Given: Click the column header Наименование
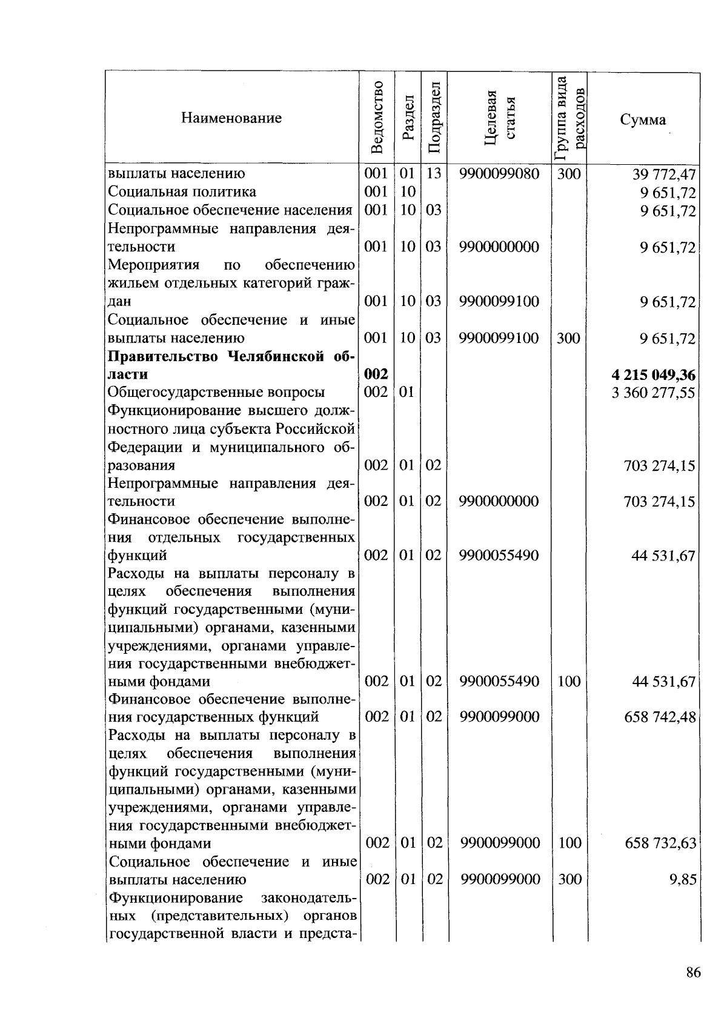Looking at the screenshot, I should [231, 118].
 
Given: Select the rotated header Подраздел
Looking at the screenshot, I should [434, 118].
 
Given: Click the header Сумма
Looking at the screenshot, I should [643, 120].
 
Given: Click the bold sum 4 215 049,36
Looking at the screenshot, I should [654, 375].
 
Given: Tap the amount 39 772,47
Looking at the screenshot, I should [664, 175].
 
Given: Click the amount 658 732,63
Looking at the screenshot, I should [660, 843].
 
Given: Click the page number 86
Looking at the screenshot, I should [694, 973].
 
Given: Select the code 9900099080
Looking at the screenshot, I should [499, 175].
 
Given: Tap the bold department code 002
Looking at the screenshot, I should [376, 375].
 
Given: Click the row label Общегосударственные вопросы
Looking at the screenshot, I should [216, 393].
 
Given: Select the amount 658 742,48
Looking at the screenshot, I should [660, 717].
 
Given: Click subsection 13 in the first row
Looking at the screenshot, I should [433, 175].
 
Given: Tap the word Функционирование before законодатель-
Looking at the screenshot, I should [176, 897].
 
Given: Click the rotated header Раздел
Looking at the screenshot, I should [408, 118].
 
